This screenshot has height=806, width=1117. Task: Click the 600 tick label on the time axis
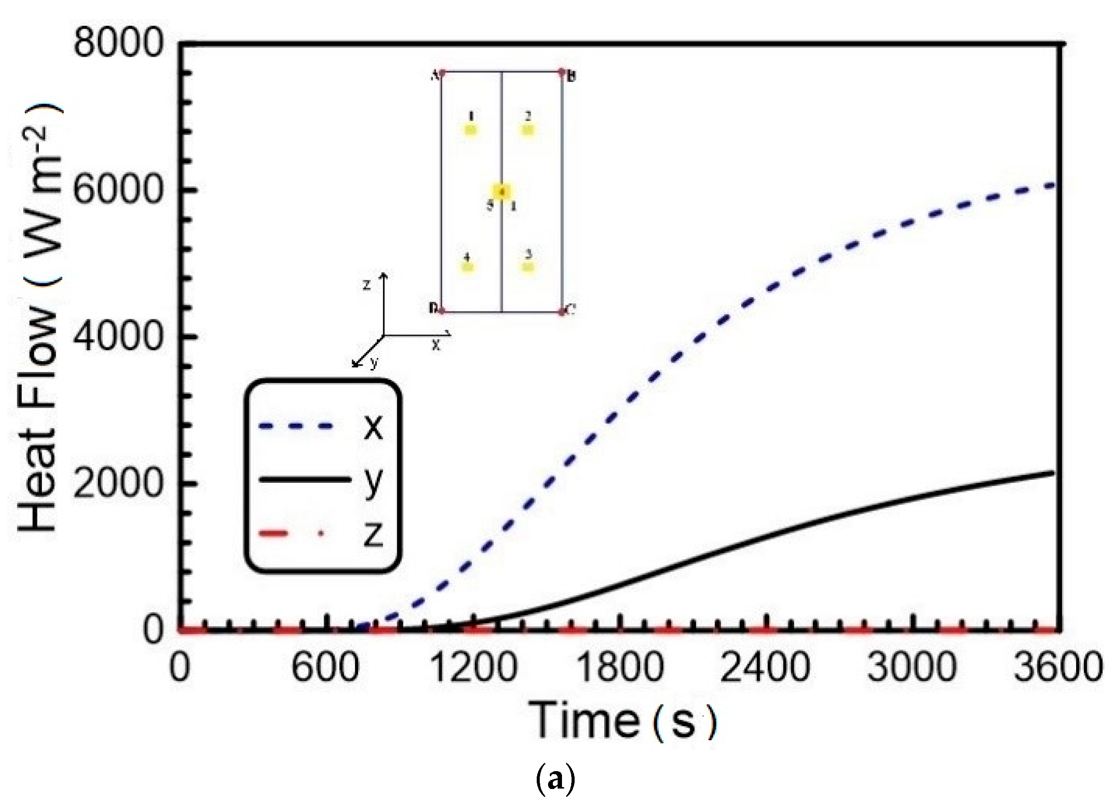[x=325, y=668]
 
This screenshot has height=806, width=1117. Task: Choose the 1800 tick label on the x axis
[x=619, y=668]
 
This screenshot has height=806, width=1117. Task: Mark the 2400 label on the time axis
[x=765, y=668]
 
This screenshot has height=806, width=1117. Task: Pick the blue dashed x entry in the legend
[x=320, y=427]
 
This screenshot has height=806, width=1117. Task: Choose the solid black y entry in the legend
[x=320, y=479]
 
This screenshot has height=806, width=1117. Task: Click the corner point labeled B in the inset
[x=562, y=72]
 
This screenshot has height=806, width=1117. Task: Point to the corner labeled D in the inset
[x=442, y=311]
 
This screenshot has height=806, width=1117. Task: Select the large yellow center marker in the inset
[x=502, y=192]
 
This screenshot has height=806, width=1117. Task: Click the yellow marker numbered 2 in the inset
[x=528, y=130]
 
